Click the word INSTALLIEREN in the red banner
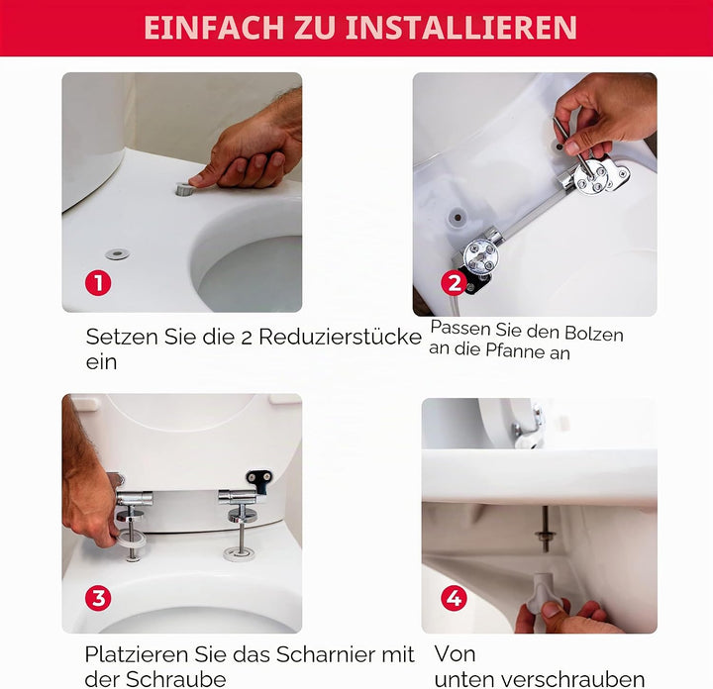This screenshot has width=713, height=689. (461, 28)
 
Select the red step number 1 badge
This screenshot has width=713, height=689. (98, 283)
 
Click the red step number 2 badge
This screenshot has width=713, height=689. (454, 283)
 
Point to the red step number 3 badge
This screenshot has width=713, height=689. (98, 598)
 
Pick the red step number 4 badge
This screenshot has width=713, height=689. (454, 598)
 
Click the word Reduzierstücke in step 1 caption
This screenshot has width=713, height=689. (340, 338)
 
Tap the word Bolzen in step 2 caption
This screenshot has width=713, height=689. (594, 334)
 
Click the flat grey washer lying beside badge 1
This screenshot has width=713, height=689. (117, 253)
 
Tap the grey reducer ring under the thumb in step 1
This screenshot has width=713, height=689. (185, 189)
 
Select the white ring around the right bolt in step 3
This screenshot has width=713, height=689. (240, 554)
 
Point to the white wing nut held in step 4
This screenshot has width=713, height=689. (541, 593)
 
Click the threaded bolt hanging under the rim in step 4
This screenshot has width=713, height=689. (545, 529)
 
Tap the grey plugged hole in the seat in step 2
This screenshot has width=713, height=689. (458, 217)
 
